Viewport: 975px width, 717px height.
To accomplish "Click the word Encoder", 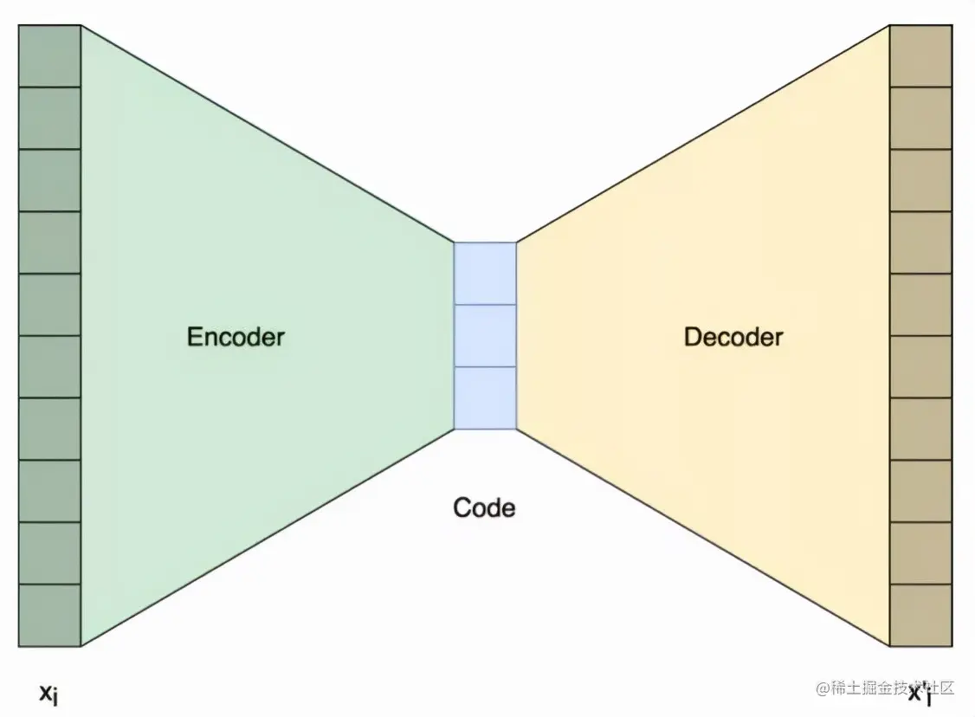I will coord(236,337).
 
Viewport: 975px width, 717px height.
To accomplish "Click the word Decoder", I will coord(733,337).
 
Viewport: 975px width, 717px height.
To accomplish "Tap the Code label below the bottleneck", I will coord(484,507).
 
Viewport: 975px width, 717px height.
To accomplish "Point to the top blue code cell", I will coord(485,274).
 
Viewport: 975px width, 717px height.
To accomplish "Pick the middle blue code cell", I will coord(485,336).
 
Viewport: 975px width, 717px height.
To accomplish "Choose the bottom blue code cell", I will coord(485,398).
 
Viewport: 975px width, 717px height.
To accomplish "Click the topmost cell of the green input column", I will coord(49,56).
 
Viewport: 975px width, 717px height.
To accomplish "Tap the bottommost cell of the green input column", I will coord(49,616).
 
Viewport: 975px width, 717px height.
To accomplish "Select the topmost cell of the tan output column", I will coord(921,56).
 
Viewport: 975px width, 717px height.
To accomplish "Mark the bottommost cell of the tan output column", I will coord(921,616).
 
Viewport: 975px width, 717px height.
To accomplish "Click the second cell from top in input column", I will coord(49,119).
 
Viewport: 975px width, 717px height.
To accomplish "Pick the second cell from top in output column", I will coord(921,119).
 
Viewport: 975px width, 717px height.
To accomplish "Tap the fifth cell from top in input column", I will coord(49,305).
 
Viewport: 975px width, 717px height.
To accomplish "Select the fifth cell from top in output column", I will coord(921,305).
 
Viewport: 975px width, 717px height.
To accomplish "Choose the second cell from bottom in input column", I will coord(49,553).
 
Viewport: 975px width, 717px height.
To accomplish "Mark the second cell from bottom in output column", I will coord(921,553).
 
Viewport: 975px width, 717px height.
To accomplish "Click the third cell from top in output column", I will coord(921,181).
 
